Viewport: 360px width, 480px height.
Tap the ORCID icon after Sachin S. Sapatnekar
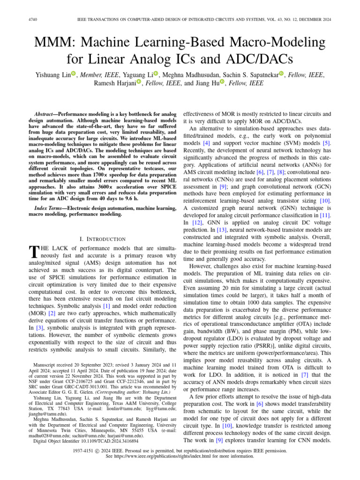(281, 74)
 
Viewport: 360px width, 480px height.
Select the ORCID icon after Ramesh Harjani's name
(139, 83)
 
